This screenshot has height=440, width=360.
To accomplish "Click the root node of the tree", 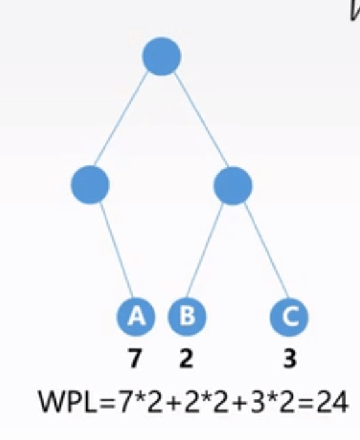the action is coord(161,56).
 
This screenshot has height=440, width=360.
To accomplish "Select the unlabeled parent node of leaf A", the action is coord(90,184).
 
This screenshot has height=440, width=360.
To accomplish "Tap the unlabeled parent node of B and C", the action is coord(233,186).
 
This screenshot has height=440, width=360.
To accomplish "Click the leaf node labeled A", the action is coord(136,316).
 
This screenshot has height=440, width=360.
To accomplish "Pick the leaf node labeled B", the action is coord(187,316).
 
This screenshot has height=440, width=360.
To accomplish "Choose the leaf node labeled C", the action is coord(289,317).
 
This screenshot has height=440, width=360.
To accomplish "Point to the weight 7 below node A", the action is coord(135,358).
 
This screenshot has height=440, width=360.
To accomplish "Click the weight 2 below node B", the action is coord(186,358).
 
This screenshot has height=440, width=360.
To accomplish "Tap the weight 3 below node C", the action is coord(289,358).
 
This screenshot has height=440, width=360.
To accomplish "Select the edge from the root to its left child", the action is coord(121,119).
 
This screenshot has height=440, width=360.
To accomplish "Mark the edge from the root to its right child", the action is coord(202,120).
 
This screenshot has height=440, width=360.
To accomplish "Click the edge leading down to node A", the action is coord(116,250).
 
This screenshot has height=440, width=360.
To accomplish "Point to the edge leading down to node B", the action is coord(205,251).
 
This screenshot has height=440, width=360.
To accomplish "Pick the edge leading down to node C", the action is coord(266,250).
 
